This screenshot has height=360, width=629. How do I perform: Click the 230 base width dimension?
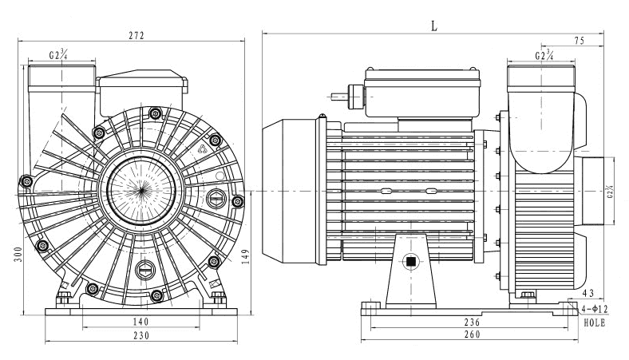(141, 336)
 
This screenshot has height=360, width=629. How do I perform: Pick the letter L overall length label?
(434, 25)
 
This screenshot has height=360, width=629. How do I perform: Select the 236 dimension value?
(473, 321)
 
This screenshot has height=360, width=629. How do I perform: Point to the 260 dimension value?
(473, 336)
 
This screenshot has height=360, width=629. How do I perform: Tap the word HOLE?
(595, 323)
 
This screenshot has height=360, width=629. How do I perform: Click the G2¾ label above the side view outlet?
(544, 55)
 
